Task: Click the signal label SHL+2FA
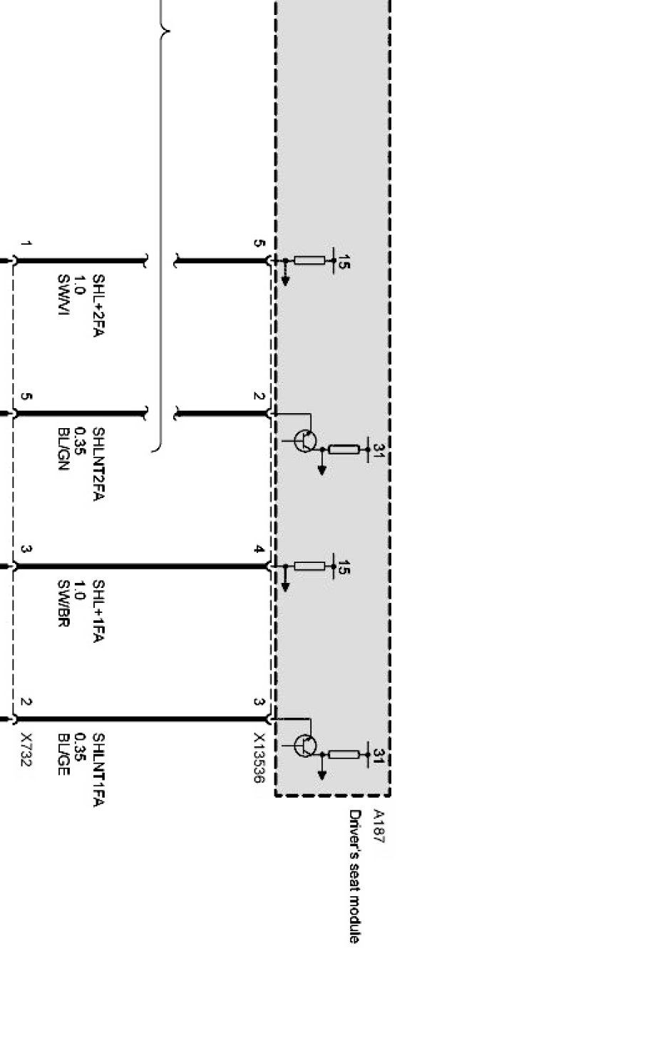[x=98, y=306]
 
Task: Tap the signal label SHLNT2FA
[x=98, y=464]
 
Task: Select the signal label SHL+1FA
[x=98, y=611]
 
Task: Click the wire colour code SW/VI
[x=63, y=296]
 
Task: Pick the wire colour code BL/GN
[x=63, y=449]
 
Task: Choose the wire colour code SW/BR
[x=63, y=604]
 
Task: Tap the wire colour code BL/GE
[x=63, y=753]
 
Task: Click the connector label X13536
[x=259, y=757]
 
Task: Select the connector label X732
[x=26, y=749]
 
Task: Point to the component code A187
[x=378, y=826]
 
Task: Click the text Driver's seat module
[x=354, y=876]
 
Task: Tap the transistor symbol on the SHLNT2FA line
[x=305, y=441]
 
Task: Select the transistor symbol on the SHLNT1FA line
[x=305, y=746]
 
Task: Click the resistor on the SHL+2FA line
[x=309, y=260]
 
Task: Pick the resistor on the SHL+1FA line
[x=309, y=567]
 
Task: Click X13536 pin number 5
[x=259, y=243]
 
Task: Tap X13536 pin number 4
[x=259, y=549]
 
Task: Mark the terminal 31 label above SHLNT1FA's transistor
[x=379, y=756]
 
